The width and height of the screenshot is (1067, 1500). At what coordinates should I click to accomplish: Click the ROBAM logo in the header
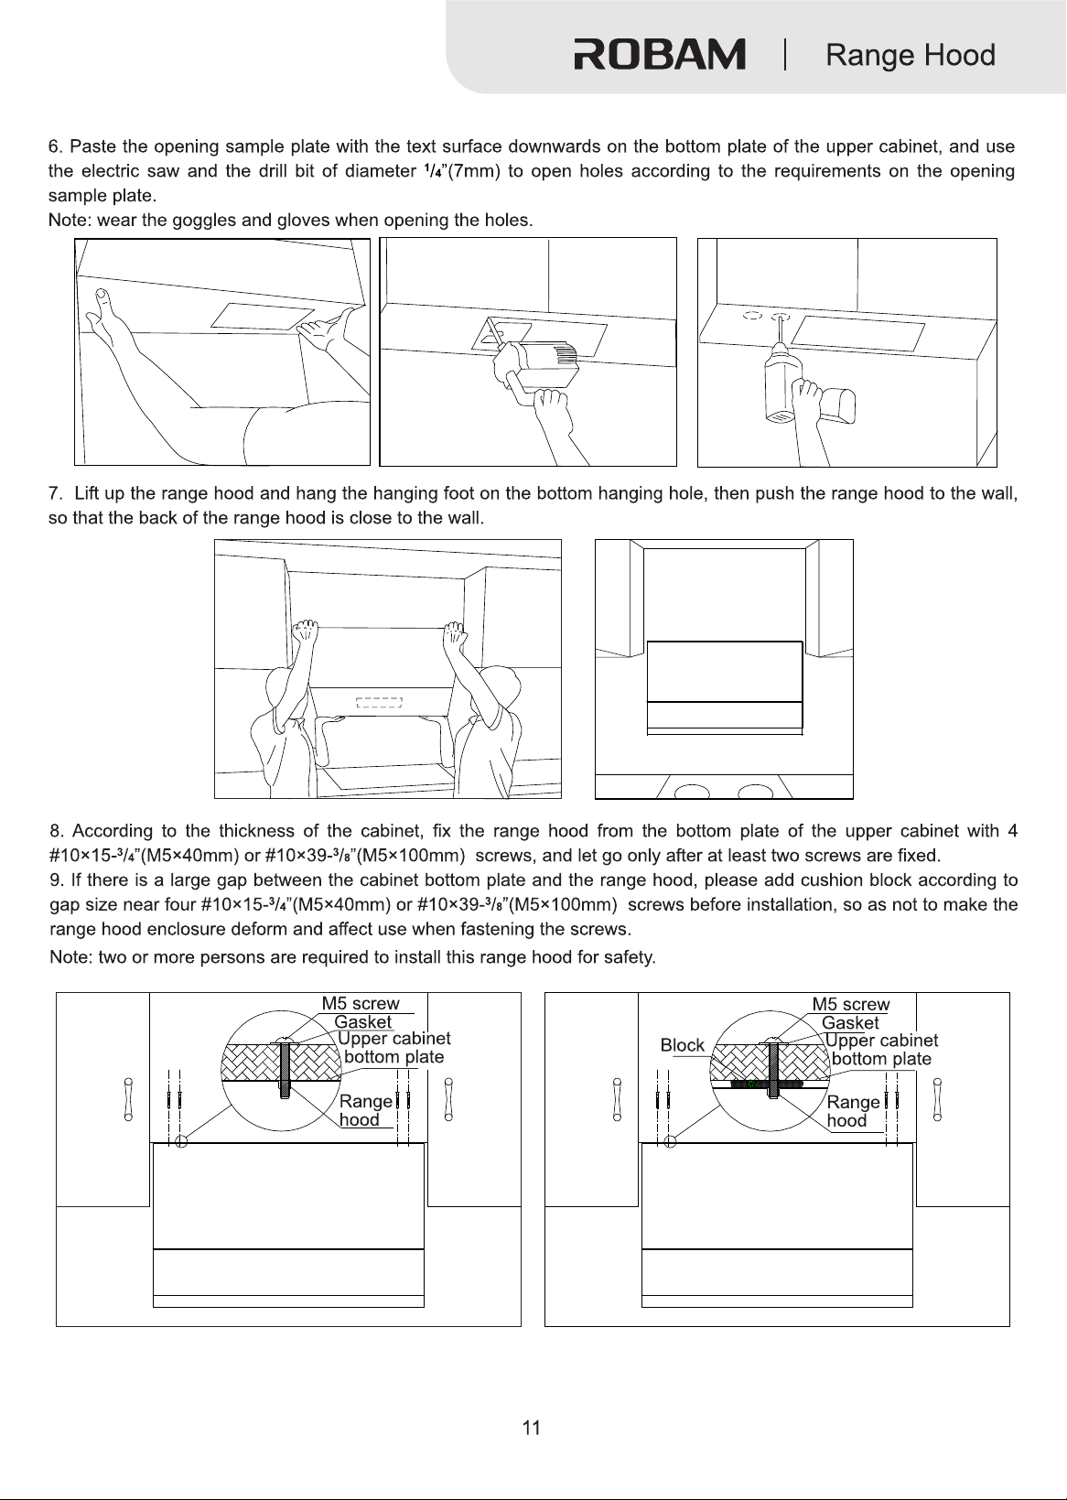click(x=660, y=54)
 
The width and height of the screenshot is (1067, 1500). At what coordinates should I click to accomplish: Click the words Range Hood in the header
click(x=911, y=55)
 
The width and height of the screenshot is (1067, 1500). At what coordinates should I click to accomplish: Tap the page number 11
click(x=532, y=1428)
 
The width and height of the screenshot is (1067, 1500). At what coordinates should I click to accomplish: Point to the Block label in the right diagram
click(x=682, y=1045)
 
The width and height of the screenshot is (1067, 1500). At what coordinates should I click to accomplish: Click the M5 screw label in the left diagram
click(x=361, y=1003)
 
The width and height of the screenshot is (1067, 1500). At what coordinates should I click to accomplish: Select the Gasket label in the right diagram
click(x=850, y=1022)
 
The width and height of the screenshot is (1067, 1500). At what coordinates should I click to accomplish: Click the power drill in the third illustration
click(x=809, y=388)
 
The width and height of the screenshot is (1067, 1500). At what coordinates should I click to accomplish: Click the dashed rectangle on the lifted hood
click(x=379, y=703)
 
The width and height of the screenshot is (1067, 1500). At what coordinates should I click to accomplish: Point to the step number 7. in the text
click(x=56, y=493)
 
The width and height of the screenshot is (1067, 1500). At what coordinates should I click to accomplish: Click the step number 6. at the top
click(x=56, y=146)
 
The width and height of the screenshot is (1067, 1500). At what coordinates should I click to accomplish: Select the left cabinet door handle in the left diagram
click(x=128, y=1099)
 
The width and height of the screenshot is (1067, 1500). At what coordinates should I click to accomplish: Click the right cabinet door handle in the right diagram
click(x=937, y=1099)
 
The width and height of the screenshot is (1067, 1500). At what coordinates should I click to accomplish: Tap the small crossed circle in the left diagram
click(x=181, y=1141)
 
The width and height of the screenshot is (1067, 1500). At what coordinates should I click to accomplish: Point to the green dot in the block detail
click(x=750, y=1083)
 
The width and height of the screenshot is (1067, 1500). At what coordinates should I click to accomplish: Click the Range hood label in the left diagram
click(x=365, y=1110)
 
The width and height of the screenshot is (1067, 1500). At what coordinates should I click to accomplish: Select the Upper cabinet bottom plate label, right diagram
click(x=882, y=1050)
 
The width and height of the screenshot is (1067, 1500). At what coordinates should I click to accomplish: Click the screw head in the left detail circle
click(x=285, y=1041)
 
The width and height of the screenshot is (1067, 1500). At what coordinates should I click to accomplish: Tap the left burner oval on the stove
click(x=692, y=793)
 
